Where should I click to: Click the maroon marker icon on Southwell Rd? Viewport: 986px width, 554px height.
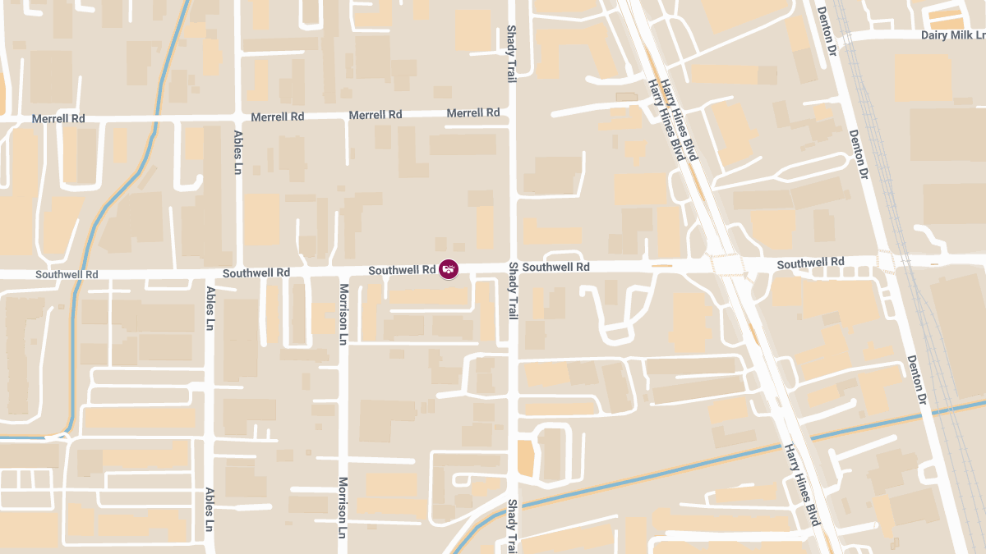448,268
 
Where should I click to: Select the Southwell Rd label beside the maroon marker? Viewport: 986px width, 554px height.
402,270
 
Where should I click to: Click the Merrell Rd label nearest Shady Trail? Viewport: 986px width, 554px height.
473,112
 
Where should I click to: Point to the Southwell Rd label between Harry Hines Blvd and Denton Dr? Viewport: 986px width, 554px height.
810,263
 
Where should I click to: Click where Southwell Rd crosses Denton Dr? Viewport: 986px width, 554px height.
886,262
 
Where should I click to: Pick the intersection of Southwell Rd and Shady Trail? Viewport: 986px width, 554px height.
513,268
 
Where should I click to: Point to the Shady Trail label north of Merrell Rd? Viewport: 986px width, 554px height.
511,53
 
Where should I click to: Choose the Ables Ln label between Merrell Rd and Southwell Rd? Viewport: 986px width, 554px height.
238,152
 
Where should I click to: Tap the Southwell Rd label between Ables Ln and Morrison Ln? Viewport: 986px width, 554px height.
256,272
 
